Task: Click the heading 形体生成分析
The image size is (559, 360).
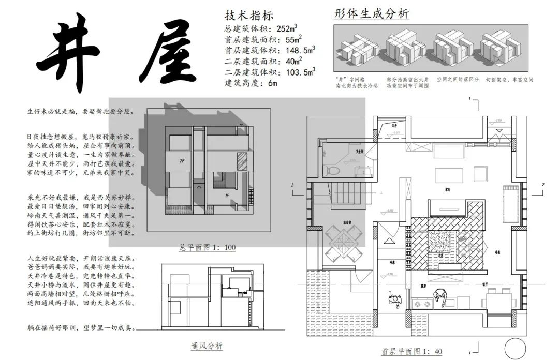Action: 372,14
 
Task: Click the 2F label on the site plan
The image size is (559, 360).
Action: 182,161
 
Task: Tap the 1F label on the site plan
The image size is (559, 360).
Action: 227,196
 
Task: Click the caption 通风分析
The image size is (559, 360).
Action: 207,346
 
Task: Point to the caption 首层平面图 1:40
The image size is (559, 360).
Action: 412,351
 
